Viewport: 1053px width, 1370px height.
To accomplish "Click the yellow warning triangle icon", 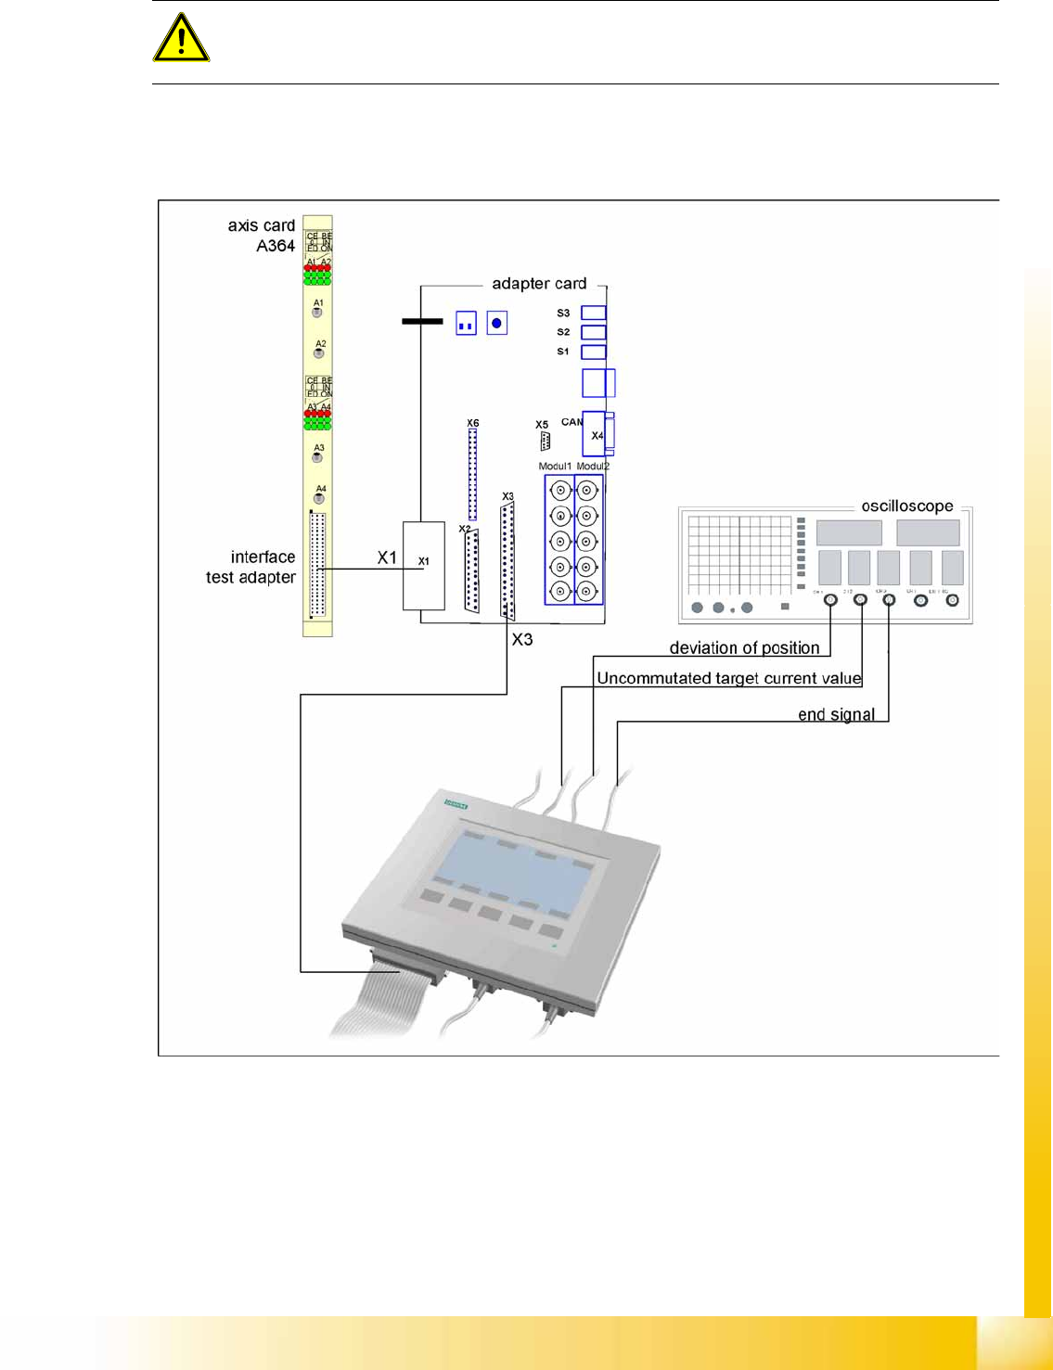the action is (x=181, y=39).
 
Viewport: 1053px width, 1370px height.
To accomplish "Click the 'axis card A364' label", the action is (x=262, y=236).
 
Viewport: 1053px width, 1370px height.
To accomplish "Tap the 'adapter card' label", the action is (x=538, y=284).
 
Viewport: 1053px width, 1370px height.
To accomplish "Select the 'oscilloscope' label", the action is (x=906, y=506).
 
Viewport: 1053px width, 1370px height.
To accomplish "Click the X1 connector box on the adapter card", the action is (x=423, y=565).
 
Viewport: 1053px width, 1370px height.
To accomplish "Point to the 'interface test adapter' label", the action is (x=250, y=567).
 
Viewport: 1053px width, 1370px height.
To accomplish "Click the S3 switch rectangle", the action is (x=593, y=313).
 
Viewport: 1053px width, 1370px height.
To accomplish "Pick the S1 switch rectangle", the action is (x=593, y=352).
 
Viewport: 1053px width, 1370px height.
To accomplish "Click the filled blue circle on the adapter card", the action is (x=497, y=323).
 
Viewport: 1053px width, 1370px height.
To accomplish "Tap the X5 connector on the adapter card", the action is (x=545, y=441).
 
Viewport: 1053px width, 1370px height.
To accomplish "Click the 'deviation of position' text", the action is (x=744, y=648).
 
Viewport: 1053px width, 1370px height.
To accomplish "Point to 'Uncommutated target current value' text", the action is (x=729, y=678).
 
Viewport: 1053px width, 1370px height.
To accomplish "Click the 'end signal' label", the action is (x=836, y=714).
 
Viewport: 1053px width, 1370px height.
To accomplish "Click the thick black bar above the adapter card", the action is (x=422, y=322).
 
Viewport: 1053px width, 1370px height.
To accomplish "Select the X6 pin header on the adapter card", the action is (x=472, y=473).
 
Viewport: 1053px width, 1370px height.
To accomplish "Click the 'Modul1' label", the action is (x=555, y=466).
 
